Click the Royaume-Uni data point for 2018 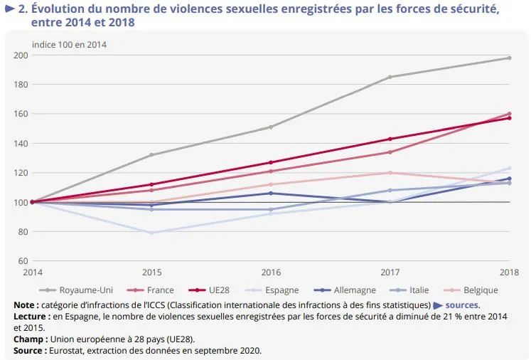[509, 58]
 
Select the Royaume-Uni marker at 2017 [390, 77]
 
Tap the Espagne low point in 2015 [151, 233]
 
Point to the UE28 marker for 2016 [271, 162]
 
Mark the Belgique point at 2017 [390, 173]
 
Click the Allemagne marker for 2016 [271, 194]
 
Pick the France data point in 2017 [390, 152]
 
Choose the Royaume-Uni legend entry [76, 290]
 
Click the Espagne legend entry [272, 290]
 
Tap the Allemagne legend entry [345, 290]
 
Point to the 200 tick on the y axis [21, 55]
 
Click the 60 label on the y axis [23, 261]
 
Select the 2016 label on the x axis [271, 272]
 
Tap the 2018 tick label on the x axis [510, 272]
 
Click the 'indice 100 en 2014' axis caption [69, 45]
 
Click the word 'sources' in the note [461, 305]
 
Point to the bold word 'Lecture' [29, 317]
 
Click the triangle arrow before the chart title [10, 9]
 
